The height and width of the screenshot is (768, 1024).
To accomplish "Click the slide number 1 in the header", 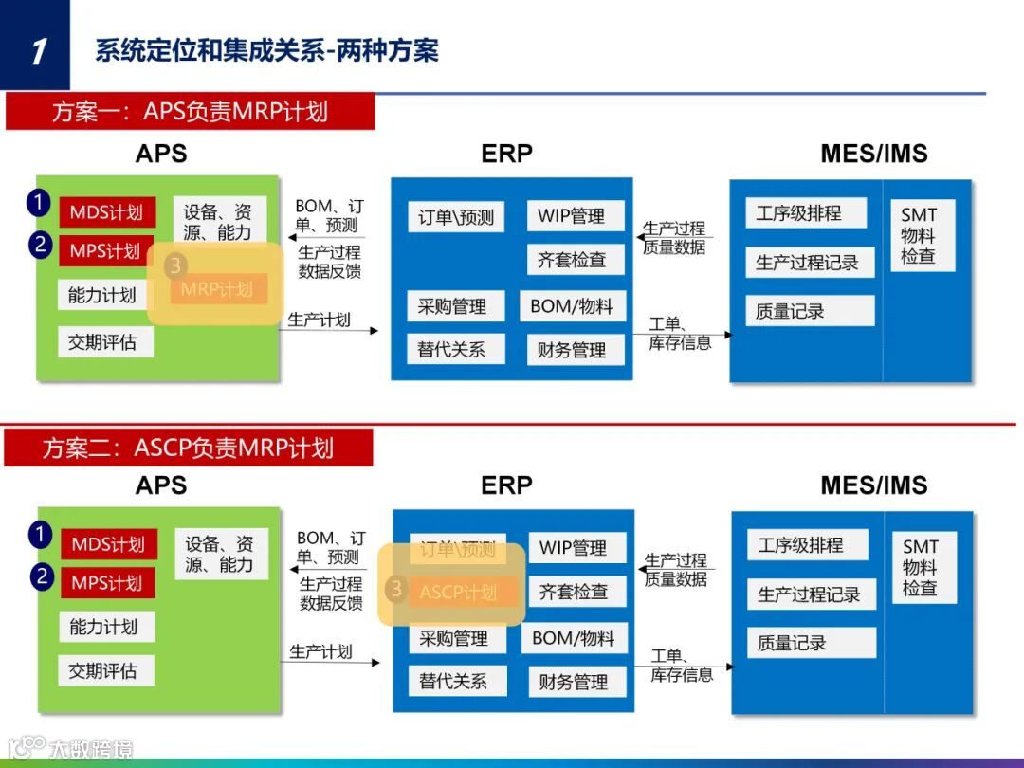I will click(x=36, y=49).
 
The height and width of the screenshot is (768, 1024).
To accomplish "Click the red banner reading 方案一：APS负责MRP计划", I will click(x=190, y=112).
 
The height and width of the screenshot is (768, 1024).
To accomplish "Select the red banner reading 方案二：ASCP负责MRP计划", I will click(x=188, y=448).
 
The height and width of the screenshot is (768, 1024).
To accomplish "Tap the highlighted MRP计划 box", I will click(x=218, y=289).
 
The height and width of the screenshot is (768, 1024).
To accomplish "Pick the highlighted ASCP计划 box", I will click(x=459, y=593).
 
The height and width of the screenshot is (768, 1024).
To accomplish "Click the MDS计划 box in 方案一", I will click(x=105, y=212).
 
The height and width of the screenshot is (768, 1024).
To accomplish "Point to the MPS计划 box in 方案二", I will click(x=106, y=582).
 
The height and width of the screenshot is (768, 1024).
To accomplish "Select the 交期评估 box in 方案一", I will click(x=103, y=342).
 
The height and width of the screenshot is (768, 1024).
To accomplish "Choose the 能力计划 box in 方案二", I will click(x=104, y=627).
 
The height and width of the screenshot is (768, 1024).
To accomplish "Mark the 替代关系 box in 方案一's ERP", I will click(x=453, y=349).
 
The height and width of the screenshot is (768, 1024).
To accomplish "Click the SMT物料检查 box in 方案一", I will click(x=920, y=235).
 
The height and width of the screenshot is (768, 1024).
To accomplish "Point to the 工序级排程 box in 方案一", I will click(x=799, y=213).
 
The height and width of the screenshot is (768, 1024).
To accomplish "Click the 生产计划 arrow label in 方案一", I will click(x=320, y=320).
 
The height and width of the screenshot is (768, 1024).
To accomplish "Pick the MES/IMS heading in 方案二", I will click(x=873, y=485).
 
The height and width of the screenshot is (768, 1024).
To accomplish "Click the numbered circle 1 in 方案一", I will click(x=38, y=202).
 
